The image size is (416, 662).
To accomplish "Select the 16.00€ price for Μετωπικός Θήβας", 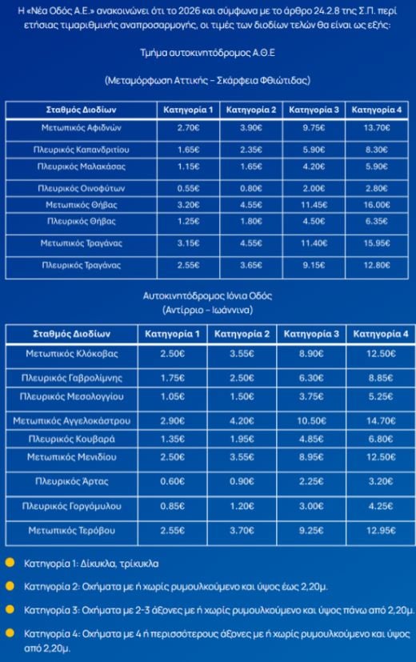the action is pos(376,204).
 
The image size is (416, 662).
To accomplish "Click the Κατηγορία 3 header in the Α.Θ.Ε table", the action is pos(314,109).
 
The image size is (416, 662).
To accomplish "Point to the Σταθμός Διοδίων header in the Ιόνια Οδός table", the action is pos(72,333).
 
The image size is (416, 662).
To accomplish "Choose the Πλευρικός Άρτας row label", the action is pos(72,482).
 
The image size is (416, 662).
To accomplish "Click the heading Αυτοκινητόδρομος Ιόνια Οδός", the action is pos(208,295).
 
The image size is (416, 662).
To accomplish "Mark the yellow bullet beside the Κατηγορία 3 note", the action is pos(9,610).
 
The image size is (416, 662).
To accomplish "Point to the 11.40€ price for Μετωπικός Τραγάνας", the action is pos(314,243).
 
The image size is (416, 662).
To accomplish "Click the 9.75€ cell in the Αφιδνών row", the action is pos(314,127).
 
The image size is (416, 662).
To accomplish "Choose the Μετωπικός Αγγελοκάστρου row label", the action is pos(72,420).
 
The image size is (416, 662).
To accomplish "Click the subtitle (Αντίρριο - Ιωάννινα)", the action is pos(208,309).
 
